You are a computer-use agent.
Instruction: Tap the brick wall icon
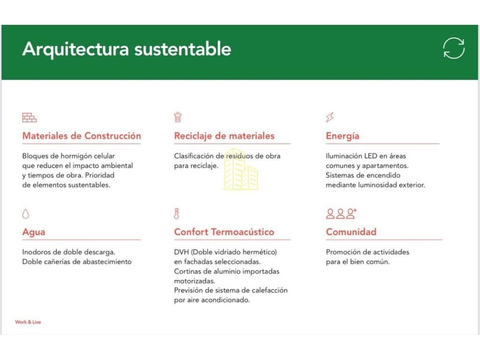pyautogui.click(x=30, y=118)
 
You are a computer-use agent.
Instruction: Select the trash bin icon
pyautogui.click(x=178, y=117)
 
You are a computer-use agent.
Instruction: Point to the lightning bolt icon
pyautogui.click(x=330, y=117)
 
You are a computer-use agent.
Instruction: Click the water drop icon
pyautogui.click(x=26, y=214)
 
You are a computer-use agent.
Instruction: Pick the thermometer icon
pyautogui.click(x=177, y=214)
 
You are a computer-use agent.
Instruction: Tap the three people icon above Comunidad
pyautogui.click(x=341, y=214)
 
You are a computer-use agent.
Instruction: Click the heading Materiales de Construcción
pyautogui.click(x=82, y=136)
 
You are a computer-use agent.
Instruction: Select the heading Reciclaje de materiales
pyautogui.click(x=225, y=136)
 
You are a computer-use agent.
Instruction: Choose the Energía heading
pyautogui.click(x=343, y=136)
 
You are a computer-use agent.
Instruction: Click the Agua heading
pyautogui.click(x=34, y=232)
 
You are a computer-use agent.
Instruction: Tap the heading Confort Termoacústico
pyautogui.click(x=224, y=232)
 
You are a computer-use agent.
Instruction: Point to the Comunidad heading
pyautogui.click(x=351, y=232)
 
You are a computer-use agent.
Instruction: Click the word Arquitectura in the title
pyautogui.click(x=75, y=49)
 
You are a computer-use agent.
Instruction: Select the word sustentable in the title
pyautogui.click(x=183, y=49)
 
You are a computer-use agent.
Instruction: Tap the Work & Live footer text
pyautogui.click(x=28, y=322)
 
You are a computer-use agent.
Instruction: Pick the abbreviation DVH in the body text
pyautogui.click(x=181, y=252)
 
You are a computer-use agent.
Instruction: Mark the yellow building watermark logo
pyautogui.click(x=241, y=169)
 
